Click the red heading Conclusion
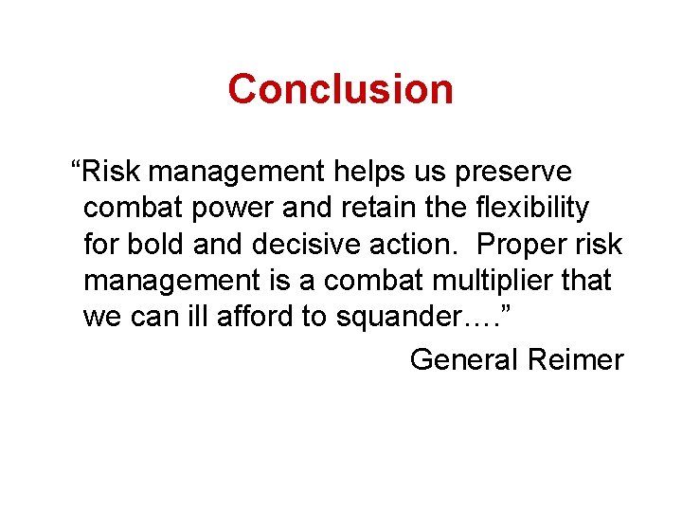click(x=340, y=89)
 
